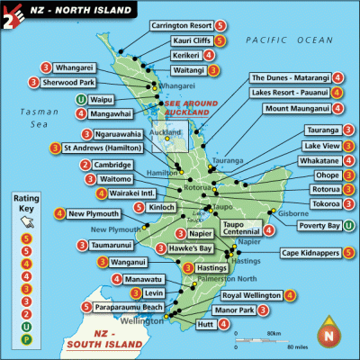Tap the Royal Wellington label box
(250, 295)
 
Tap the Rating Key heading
(27, 201)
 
